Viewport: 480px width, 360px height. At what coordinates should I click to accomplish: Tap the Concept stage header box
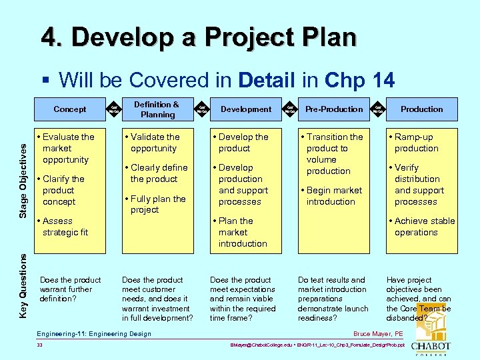click(70, 109)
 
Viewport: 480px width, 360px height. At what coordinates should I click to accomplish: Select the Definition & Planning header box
click(157, 109)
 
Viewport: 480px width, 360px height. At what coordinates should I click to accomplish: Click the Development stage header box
click(246, 109)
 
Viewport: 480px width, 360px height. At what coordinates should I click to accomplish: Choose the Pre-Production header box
click(334, 109)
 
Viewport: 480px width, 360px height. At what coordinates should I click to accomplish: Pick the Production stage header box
click(421, 109)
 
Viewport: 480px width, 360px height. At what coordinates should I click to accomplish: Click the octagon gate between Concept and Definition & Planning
click(114, 109)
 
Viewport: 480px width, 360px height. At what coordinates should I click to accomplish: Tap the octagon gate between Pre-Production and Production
click(378, 109)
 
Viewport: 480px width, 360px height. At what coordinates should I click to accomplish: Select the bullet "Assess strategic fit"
click(65, 227)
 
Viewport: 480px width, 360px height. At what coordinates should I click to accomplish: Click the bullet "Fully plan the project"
click(157, 204)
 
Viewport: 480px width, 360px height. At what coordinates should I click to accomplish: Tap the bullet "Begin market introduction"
click(333, 196)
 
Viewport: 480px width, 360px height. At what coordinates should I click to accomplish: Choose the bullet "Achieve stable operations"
click(424, 227)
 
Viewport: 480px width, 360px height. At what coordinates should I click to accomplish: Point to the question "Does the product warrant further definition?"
click(70, 289)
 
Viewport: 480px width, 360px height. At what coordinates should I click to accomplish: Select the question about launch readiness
click(333, 299)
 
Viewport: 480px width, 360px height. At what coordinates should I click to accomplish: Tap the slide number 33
click(40, 345)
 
